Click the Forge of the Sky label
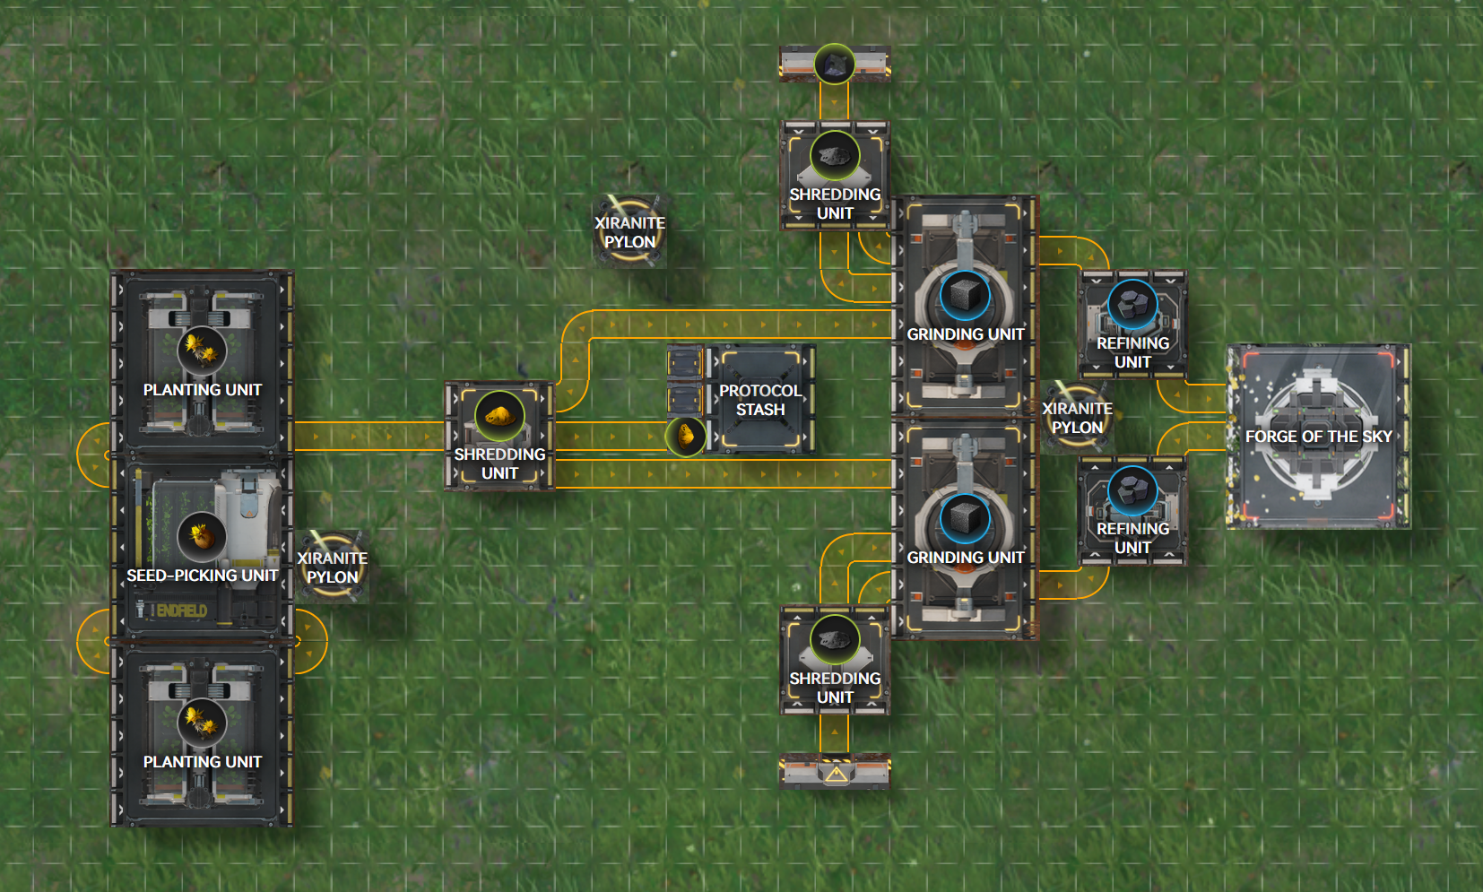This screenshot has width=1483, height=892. click(1318, 437)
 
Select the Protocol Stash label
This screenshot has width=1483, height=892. click(760, 400)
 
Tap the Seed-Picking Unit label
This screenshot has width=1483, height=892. click(202, 576)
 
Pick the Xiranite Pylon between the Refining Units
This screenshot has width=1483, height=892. click(1077, 417)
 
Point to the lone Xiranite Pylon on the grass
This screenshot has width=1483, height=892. click(629, 231)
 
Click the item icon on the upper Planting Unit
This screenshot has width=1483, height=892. click(202, 348)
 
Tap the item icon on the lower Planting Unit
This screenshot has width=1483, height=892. click(202, 721)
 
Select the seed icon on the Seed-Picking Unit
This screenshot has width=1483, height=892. click(202, 536)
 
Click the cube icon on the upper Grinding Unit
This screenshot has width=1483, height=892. click(965, 295)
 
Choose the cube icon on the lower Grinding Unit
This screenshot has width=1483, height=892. click(965, 518)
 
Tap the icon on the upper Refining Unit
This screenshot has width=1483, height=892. click(1132, 304)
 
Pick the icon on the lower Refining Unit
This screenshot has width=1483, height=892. click(1132, 490)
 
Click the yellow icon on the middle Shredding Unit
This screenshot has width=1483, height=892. click(499, 415)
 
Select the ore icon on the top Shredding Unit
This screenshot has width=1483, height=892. click(835, 155)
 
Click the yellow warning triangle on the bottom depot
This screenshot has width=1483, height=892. click(836, 774)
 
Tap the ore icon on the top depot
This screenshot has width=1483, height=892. click(834, 64)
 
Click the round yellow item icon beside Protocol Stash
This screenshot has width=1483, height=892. click(686, 437)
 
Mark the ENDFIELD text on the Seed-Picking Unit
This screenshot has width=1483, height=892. click(182, 611)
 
